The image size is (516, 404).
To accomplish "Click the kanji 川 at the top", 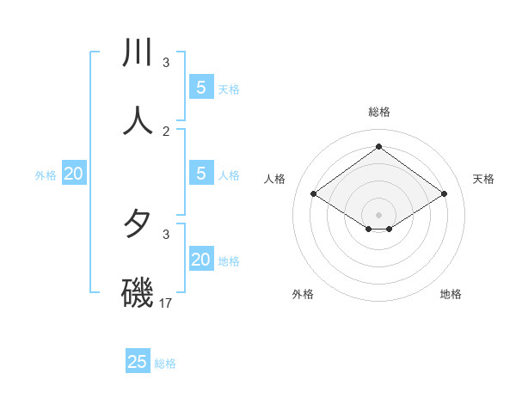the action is tap(138, 53).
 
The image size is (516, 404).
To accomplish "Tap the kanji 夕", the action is tap(138, 224).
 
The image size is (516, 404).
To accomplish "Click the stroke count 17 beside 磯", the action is tap(167, 303).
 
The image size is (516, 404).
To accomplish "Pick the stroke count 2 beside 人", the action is tap(166, 132).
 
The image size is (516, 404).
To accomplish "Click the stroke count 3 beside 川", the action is tap(166, 63).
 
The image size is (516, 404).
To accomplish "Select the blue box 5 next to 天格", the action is tap(200, 88).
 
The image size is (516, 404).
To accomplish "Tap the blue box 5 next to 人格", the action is tap(200, 174).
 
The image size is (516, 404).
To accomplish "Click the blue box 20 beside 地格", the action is tap(200, 260).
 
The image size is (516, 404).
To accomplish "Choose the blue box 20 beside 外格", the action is tap(74, 174).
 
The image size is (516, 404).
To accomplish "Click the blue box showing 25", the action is tap(138, 362).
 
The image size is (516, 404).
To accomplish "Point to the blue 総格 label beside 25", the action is tap(165, 364).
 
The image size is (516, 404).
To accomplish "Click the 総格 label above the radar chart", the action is tap(379, 112).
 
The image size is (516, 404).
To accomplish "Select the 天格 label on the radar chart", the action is tap(483, 179).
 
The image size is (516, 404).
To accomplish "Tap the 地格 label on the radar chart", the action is tap(451, 294).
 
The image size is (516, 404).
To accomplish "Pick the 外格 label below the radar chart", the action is tap(303, 294).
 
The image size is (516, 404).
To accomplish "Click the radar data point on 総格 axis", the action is tap(378, 146).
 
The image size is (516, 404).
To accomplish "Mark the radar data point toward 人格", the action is tap(313, 194).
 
